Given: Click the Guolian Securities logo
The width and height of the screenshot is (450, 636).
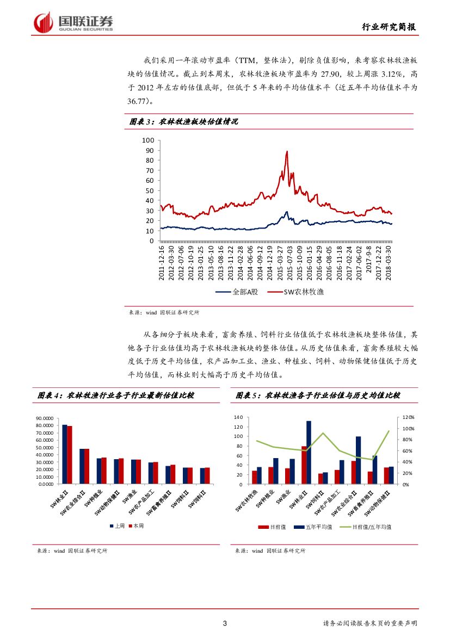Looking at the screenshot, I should (x=73, y=22).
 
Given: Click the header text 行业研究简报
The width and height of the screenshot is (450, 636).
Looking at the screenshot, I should (x=390, y=27).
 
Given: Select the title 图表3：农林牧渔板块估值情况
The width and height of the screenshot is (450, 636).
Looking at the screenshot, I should (x=183, y=122).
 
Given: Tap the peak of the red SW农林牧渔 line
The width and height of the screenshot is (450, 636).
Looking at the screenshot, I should (x=287, y=152).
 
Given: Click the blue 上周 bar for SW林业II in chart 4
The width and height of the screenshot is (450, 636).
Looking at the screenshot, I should (x=65, y=454).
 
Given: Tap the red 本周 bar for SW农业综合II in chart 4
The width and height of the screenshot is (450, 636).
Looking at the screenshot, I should (x=87, y=466).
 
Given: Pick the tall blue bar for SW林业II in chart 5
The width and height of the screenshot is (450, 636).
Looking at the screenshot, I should (x=309, y=452).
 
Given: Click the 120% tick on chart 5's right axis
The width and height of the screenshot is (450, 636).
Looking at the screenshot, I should (x=409, y=417).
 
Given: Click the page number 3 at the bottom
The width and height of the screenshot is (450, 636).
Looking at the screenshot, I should (x=225, y=623).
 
